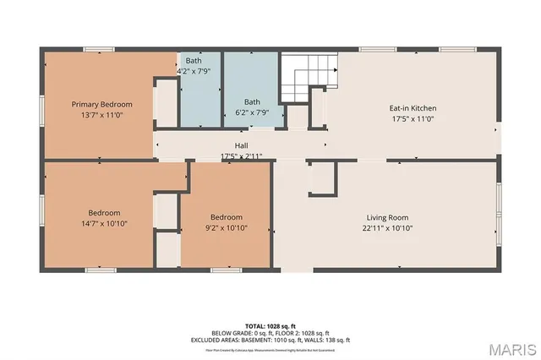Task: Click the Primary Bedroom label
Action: [x=101, y=104]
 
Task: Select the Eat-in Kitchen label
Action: [x=412, y=108]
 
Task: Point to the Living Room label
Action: [x=386, y=217]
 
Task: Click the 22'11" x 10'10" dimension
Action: [x=386, y=227]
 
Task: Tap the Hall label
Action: [x=241, y=146]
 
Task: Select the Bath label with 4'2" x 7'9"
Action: [x=194, y=61]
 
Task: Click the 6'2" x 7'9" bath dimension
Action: [x=252, y=112]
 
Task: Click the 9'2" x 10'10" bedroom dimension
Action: [x=226, y=226]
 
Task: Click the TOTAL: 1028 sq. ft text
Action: [x=270, y=325]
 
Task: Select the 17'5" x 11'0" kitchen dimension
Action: [x=412, y=118]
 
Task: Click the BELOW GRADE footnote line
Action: [x=270, y=332]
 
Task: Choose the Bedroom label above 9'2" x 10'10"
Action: [x=226, y=216]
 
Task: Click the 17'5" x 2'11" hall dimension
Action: [x=241, y=156]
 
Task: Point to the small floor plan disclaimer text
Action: [x=270, y=349]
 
